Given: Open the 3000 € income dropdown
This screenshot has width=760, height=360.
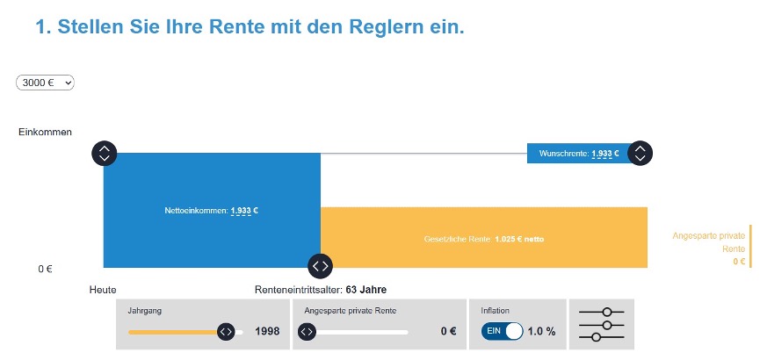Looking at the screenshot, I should pyautogui.click(x=45, y=83).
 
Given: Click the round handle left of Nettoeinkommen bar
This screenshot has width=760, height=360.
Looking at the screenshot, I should pyautogui.click(x=104, y=153).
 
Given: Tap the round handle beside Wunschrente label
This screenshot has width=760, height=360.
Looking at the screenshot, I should pyautogui.click(x=641, y=153).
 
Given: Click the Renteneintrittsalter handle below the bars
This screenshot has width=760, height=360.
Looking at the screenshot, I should pyautogui.click(x=320, y=265).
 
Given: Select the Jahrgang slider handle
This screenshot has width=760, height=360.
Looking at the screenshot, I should pyautogui.click(x=226, y=332).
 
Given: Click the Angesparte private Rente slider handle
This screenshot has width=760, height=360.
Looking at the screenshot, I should pyautogui.click(x=307, y=332).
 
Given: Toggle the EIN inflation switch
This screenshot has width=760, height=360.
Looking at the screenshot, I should pyautogui.click(x=502, y=331).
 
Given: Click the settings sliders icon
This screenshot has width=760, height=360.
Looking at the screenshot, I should pyautogui.click(x=602, y=324).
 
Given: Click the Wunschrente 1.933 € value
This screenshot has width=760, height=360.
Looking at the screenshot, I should pyautogui.click(x=604, y=154).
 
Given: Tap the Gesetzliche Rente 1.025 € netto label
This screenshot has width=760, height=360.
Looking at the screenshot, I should pyautogui.click(x=485, y=239).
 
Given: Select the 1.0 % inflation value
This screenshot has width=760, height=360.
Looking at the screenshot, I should pyautogui.click(x=542, y=332).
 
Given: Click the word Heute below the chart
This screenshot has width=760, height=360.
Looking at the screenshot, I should pyautogui.click(x=103, y=290).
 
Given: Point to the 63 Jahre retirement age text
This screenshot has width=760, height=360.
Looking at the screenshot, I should pyautogui.click(x=366, y=290).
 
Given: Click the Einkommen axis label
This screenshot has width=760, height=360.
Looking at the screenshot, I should pyautogui.click(x=45, y=133).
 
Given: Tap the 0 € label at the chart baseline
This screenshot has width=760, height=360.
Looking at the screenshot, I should pyautogui.click(x=45, y=269).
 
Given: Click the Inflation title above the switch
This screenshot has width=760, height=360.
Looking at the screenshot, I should pyautogui.click(x=496, y=311).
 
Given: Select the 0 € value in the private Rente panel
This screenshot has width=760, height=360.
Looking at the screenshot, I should pyautogui.click(x=448, y=332).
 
